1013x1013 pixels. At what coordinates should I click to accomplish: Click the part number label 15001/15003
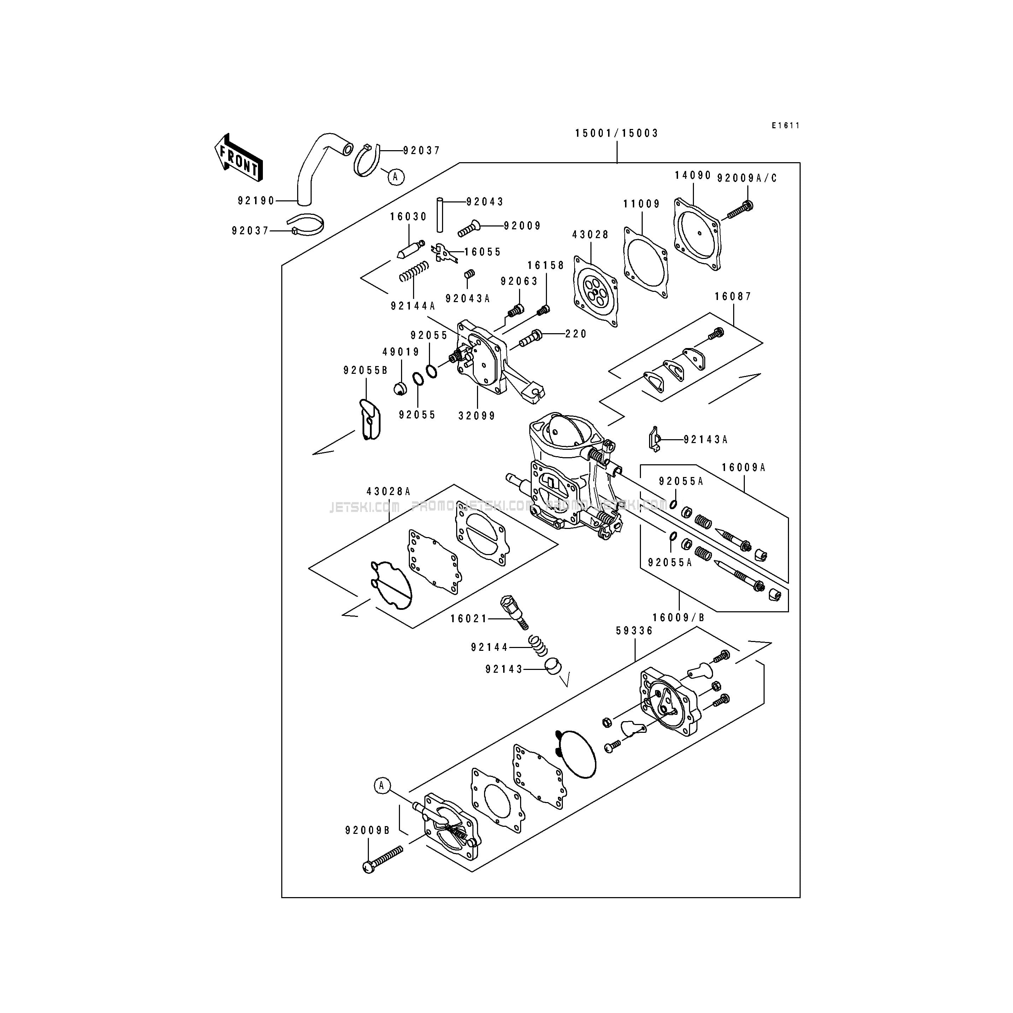pos(616,133)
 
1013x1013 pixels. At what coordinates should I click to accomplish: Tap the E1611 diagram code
pos(785,125)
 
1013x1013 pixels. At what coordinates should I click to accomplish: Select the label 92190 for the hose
pos(256,200)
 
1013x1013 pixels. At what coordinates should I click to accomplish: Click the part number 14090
pos(692,175)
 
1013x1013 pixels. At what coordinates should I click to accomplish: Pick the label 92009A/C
pos(747,178)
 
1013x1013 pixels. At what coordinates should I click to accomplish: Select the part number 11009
pos(641,204)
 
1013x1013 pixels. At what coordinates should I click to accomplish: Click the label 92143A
pos(705,440)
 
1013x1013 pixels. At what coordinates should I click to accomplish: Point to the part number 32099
pos(477,416)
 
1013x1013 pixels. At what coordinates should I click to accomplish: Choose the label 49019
pos(401,352)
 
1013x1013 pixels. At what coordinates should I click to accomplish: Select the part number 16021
pos(468,619)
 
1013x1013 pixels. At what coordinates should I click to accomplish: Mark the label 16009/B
pos(678,618)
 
